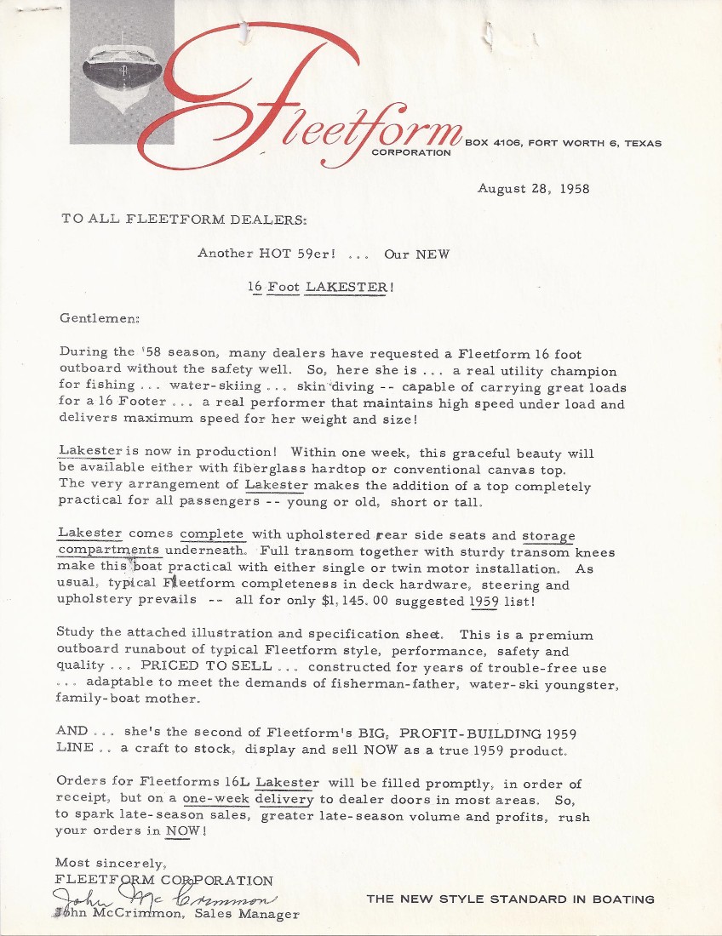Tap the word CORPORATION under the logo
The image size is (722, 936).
coord(411,153)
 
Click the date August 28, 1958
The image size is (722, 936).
coord(534,188)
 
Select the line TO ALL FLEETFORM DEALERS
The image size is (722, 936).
coord(185,219)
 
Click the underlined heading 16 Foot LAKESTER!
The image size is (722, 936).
coord(321,287)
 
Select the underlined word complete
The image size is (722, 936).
coord(212,534)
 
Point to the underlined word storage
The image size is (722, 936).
coord(548,535)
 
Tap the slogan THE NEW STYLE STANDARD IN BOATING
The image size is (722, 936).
coord(510,899)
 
